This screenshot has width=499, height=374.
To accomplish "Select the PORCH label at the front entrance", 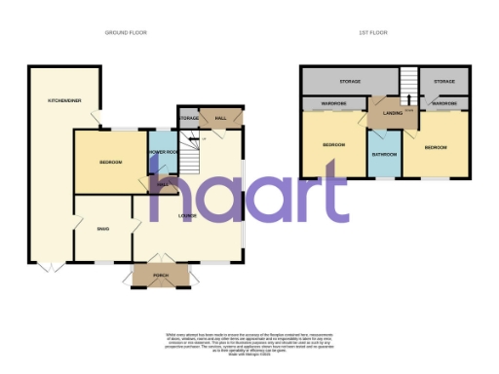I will coord(164,276).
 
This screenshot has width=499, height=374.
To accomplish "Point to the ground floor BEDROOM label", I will coord(109,162).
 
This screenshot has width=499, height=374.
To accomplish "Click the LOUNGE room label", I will coord(188,215).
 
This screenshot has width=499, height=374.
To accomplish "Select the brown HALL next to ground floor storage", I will coord(221,118).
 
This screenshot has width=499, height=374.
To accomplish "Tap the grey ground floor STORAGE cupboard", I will coord(189,118).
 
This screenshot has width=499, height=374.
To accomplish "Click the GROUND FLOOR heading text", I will coord(126,32).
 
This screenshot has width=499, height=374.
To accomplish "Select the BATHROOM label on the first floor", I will coord(382,155).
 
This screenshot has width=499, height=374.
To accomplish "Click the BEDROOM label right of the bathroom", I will coord(436,147).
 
